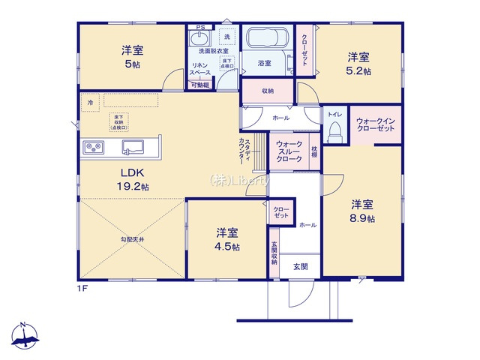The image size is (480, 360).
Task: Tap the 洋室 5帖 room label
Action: (133, 57)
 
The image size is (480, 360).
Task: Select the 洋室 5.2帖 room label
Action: (358, 62)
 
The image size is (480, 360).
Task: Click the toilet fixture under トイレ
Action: (334, 132)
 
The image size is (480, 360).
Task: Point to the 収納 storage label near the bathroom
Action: (268, 91)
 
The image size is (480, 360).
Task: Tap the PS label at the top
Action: (199, 28)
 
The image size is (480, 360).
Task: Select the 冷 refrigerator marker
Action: (90, 101)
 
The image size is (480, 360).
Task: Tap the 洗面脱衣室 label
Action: (214, 52)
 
